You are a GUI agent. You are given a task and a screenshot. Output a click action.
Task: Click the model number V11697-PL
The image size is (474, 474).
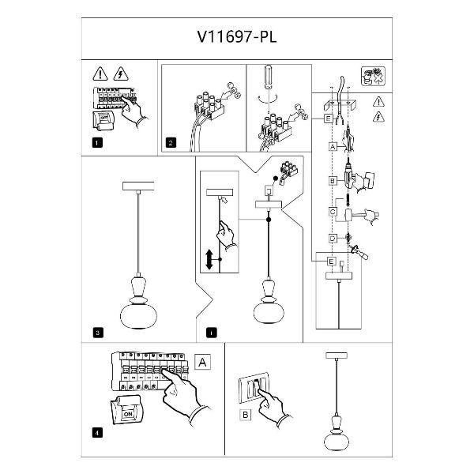pyautogui.click(x=236, y=36)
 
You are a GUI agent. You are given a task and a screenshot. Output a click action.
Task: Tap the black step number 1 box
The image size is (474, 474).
pyautogui.click(x=96, y=143)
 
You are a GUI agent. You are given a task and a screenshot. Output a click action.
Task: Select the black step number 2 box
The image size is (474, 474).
pyautogui.click(x=171, y=143)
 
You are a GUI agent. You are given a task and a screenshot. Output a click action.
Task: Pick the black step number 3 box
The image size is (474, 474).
pyautogui.click(x=96, y=333)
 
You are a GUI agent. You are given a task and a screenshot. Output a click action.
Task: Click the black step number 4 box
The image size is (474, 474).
pyautogui.click(x=96, y=432)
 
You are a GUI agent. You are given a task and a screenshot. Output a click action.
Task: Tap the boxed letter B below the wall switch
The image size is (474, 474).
pyautogui.click(x=245, y=413)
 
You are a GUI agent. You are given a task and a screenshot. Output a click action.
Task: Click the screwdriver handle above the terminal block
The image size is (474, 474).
pyautogui.click(x=266, y=79)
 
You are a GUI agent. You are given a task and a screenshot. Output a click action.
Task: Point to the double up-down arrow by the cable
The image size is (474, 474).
pyautogui.click(x=209, y=259)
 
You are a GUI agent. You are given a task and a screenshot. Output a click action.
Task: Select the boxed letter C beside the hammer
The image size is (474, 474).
pyautogui.click(x=333, y=211)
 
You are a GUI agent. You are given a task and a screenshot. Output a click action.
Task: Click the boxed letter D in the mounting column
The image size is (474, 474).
pyautogui.click(x=333, y=239)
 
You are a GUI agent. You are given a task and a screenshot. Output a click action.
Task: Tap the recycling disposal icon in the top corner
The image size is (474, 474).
pyautogui.click(x=372, y=77)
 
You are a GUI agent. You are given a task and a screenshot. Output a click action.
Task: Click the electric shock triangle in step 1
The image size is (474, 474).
pyautogui.click(x=122, y=75)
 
